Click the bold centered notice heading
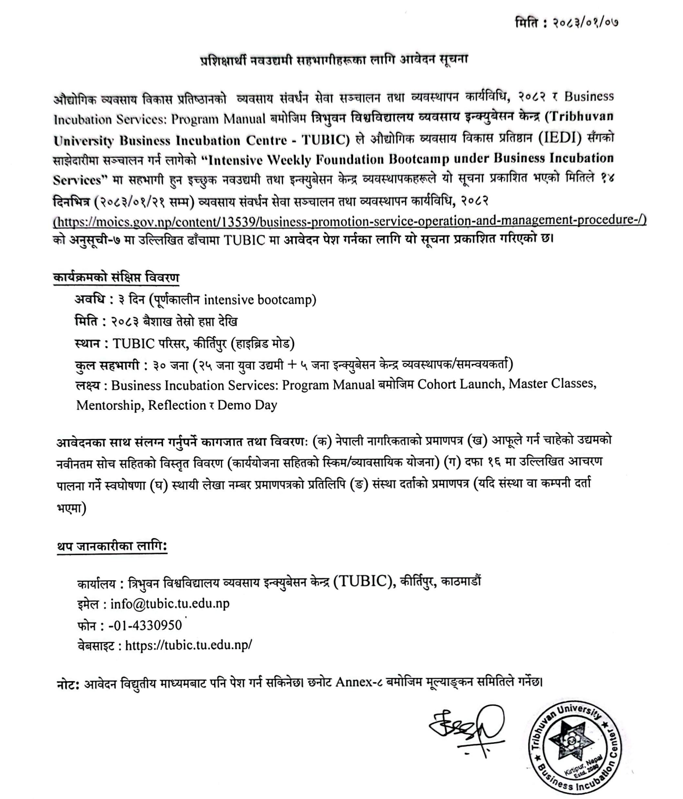coord(335,59)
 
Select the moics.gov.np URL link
coord(350,220)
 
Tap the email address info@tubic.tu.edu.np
coord(169,603)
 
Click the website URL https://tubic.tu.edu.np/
coord(188,645)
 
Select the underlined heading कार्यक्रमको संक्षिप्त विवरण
coord(116,277)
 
